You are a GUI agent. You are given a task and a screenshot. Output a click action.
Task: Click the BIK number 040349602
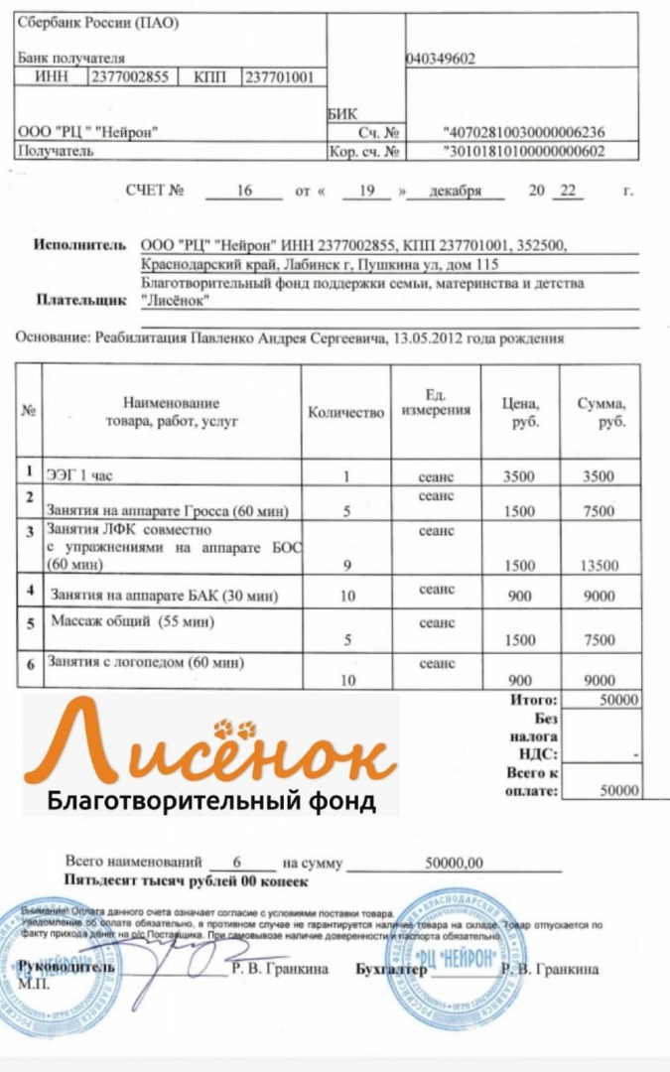(441, 59)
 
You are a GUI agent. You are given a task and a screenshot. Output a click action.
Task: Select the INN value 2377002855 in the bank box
(129, 76)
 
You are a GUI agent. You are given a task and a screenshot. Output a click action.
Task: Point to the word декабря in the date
(455, 190)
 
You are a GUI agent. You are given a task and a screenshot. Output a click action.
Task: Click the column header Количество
(345, 412)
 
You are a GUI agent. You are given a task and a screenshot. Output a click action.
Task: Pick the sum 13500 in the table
(599, 566)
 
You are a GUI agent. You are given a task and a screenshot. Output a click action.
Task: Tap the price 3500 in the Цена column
(518, 476)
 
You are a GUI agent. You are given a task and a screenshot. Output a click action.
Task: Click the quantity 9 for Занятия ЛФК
(346, 566)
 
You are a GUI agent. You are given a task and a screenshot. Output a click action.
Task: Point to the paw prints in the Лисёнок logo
(241, 731)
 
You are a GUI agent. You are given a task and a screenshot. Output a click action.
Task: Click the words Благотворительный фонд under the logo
(211, 800)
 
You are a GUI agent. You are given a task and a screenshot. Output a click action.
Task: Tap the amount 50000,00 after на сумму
(455, 863)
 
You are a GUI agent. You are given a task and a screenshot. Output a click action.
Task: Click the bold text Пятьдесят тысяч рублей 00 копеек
(187, 881)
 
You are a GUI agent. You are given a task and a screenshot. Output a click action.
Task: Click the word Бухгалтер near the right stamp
(390, 969)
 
